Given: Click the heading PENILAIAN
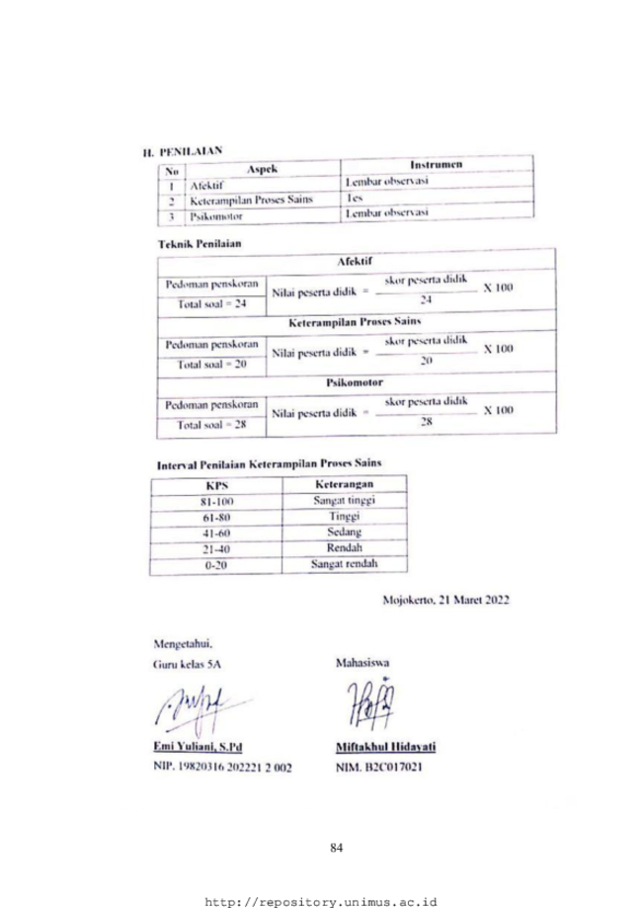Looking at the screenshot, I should coord(189,150).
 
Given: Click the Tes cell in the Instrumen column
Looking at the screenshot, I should coord(355,198).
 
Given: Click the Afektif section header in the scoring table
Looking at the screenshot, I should coord(354,260).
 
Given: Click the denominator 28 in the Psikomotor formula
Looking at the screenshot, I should coord(427,421).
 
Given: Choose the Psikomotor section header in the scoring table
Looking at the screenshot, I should coord(354,381).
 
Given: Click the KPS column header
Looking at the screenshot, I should coord(216,485).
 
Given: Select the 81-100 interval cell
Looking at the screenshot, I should coord(215,502).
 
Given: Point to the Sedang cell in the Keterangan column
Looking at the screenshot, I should coord(343,534).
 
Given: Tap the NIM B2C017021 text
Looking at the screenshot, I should coord(378,767).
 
